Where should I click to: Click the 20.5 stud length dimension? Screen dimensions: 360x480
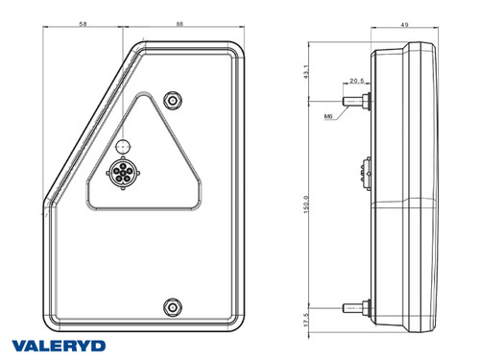(x=356, y=82)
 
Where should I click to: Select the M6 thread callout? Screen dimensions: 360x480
(x=328, y=116)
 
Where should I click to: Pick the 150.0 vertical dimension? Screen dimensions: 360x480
(x=306, y=203)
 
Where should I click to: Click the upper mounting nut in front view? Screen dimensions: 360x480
(x=172, y=100)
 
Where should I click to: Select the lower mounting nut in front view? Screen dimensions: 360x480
(x=172, y=306)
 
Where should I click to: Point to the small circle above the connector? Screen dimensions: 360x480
(x=121, y=145)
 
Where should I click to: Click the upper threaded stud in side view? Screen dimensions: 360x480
(x=356, y=99)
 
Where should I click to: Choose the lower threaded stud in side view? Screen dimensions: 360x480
(x=356, y=307)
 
